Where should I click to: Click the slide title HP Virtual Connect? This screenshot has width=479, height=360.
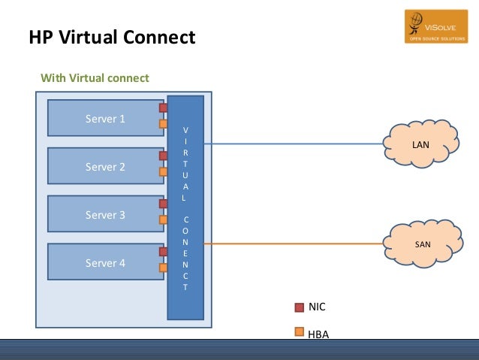pos(111,36)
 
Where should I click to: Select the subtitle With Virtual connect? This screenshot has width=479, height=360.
pos(95,78)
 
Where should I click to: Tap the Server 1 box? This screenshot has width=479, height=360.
pos(105,119)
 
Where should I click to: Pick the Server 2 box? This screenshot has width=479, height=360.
pos(105,167)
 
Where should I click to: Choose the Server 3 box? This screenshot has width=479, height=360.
pos(105,214)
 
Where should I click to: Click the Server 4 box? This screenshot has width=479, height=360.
pos(105,262)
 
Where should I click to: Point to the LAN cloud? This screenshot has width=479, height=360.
pos(420,143)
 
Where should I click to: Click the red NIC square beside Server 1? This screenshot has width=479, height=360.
pos(163,108)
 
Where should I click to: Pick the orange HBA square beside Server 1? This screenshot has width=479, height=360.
pos(163,124)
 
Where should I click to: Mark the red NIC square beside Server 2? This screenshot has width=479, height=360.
pos(163,156)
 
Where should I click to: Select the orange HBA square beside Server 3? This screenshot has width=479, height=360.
pos(163,220)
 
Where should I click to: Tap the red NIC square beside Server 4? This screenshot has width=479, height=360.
pos(163,252)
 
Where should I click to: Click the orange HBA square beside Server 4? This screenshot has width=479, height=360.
pos(163,268)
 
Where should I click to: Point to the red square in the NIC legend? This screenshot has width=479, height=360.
pos(299,307)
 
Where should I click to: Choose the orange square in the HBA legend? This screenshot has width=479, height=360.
pos(299,331)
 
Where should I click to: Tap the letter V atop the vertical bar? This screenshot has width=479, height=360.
pos(185,129)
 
